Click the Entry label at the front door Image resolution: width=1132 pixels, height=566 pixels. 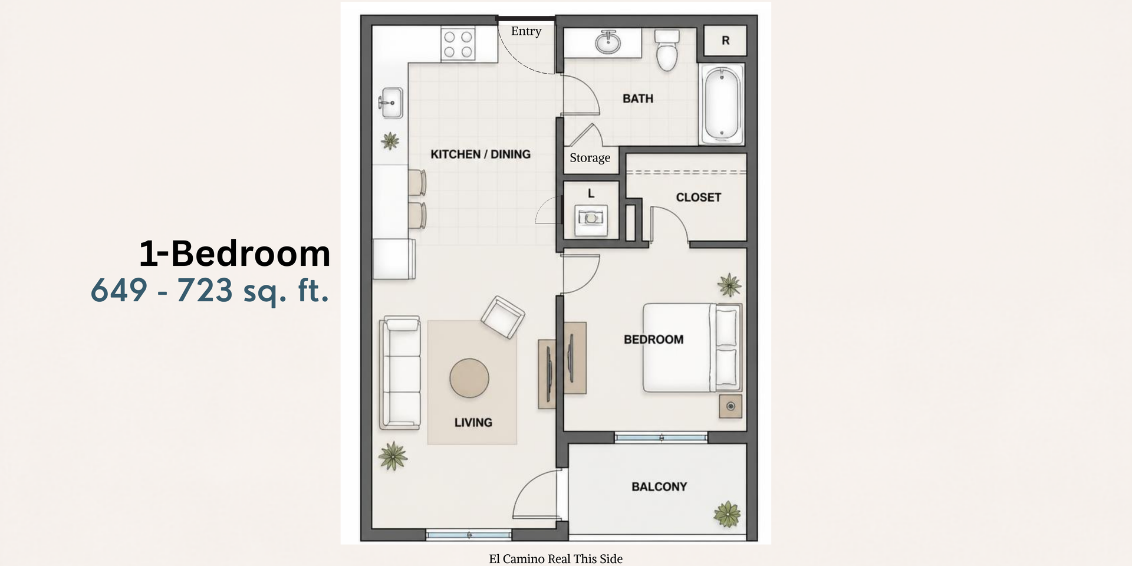tap(526, 31)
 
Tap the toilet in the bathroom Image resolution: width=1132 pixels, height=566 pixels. tap(667, 50)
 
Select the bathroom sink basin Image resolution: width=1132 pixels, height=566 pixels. tap(607, 42)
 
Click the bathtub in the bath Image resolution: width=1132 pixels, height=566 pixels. tap(722, 104)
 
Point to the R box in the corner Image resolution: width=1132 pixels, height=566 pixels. tap(725, 41)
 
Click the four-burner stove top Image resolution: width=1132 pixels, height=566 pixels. tap(458, 44)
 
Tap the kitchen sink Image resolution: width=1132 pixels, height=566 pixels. tap(390, 103)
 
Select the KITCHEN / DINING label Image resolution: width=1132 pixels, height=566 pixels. tap(481, 154)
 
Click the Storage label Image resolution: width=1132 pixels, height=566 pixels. tap(590, 158)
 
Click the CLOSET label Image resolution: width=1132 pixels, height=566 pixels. tap(698, 198)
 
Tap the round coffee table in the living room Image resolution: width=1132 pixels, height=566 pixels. tap(469, 379)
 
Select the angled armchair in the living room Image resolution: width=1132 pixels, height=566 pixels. tap(503, 317)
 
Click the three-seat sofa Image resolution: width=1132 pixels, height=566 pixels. tap(401, 372)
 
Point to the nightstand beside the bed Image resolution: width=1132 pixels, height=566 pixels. tap(730, 406)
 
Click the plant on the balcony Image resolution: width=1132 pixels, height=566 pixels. tap(727, 514)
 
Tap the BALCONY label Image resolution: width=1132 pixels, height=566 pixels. tap(659, 487)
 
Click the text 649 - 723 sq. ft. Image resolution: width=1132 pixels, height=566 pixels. tap(209, 291)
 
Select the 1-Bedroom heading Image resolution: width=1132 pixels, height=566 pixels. tap(235, 254)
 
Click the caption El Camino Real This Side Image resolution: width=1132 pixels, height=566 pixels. tap(555, 559)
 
